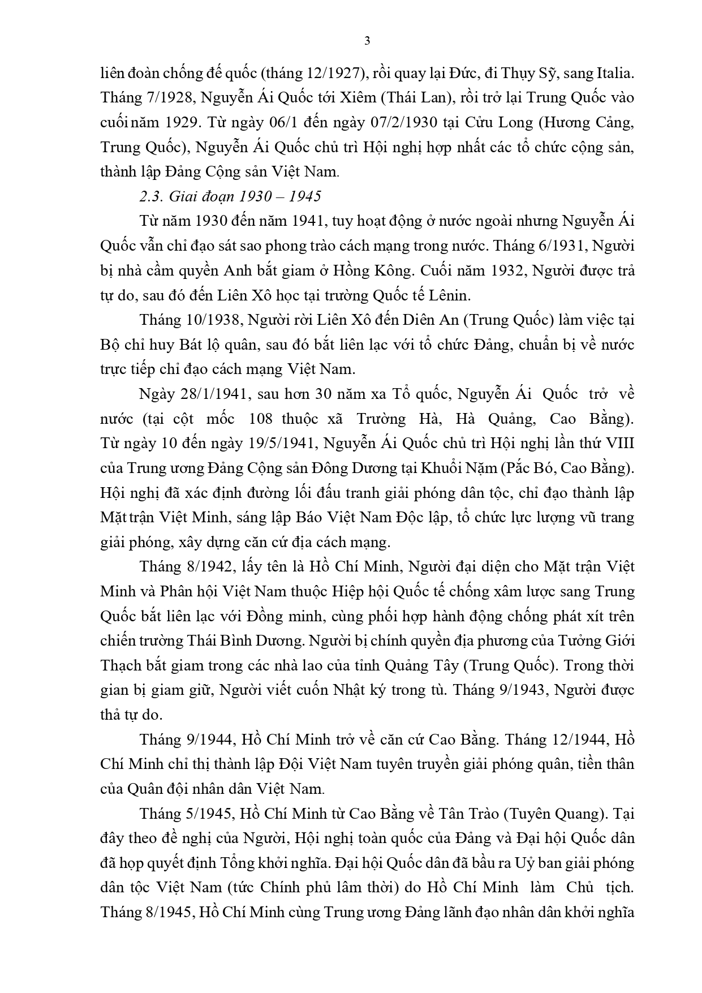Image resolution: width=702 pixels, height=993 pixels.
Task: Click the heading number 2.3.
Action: tap(151, 196)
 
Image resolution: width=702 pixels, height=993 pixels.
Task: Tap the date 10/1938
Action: tap(206, 320)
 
